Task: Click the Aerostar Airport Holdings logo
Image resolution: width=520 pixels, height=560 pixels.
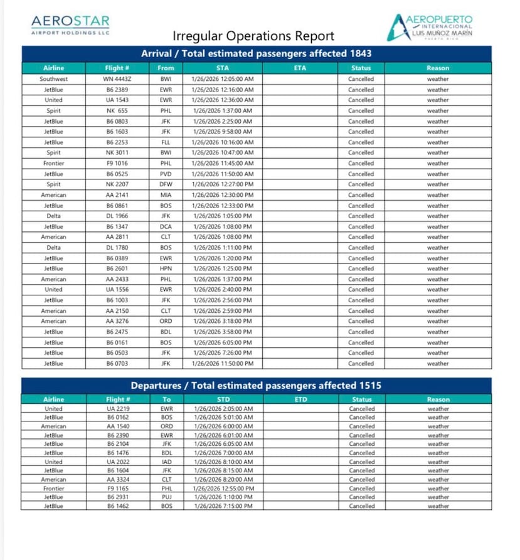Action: [x=70, y=25]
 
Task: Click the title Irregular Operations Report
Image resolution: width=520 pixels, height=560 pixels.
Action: [x=253, y=36]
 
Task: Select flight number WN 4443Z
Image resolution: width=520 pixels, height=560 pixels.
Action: [x=117, y=79]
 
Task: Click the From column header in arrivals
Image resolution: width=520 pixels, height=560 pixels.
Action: [x=166, y=68]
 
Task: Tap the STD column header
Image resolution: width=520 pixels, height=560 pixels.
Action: [x=223, y=399]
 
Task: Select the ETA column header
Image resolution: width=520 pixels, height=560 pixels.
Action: [x=300, y=68]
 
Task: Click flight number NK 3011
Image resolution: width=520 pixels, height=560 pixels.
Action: [x=117, y=152]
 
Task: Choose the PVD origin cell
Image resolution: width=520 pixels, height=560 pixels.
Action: [x=166, y=174]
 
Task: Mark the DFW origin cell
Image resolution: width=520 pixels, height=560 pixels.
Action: [x=166, y=184]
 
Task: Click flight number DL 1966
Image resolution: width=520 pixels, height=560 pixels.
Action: [x=117, y=216]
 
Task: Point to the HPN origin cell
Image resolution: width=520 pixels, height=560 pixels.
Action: [x=166, y=268]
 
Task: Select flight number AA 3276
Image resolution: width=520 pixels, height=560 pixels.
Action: [x=117, y=321]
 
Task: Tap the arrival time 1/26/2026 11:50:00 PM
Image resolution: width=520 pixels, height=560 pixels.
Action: [x=223, y=364]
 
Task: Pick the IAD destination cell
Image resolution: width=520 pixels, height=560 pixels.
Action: [x=166, y=462]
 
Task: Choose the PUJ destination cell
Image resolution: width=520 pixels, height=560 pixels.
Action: [x=166, y=497]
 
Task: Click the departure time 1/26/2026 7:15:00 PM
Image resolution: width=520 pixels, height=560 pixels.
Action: [x=223, y=506]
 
